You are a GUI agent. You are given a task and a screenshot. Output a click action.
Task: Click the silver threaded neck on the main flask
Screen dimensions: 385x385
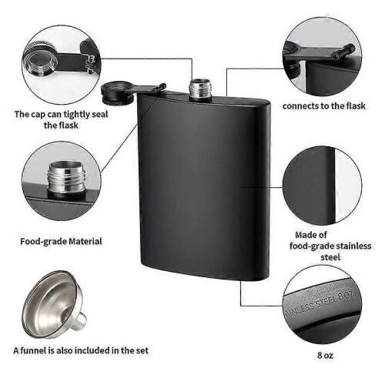(x=200, y=89)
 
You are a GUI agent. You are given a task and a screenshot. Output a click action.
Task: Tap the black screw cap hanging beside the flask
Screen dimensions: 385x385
(x=117, y=93)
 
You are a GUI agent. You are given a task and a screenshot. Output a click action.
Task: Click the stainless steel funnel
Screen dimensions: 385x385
(x=55, y=304)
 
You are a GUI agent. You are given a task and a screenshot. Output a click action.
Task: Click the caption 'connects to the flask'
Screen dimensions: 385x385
(x=324, y=105)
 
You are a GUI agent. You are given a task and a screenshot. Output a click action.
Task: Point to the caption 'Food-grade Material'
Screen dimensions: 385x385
(x=61, y=241)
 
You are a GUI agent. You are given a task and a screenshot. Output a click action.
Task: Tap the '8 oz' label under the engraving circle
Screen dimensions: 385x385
(x=325, y=355)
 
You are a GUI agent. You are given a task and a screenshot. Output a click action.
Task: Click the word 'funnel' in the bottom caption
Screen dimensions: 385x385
(x=34, y=350)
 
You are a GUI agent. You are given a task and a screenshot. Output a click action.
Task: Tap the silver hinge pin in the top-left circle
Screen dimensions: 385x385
(x=90, y=64)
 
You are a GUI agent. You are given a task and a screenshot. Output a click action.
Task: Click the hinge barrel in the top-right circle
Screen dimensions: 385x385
(x=343, y=51)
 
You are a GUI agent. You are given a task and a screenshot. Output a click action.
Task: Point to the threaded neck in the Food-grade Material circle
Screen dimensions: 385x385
(x=66, y=178)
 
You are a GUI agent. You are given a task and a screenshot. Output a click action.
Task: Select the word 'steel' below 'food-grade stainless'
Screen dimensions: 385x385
(x=330, y=257)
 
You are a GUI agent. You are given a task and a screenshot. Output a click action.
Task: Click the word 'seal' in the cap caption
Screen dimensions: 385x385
(x=100, y=114)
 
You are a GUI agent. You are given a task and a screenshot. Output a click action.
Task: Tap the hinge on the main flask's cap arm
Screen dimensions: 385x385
(x=159, y=88)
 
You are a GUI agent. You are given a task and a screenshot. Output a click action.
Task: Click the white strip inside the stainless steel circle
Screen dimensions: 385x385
(x=348, y=186)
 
